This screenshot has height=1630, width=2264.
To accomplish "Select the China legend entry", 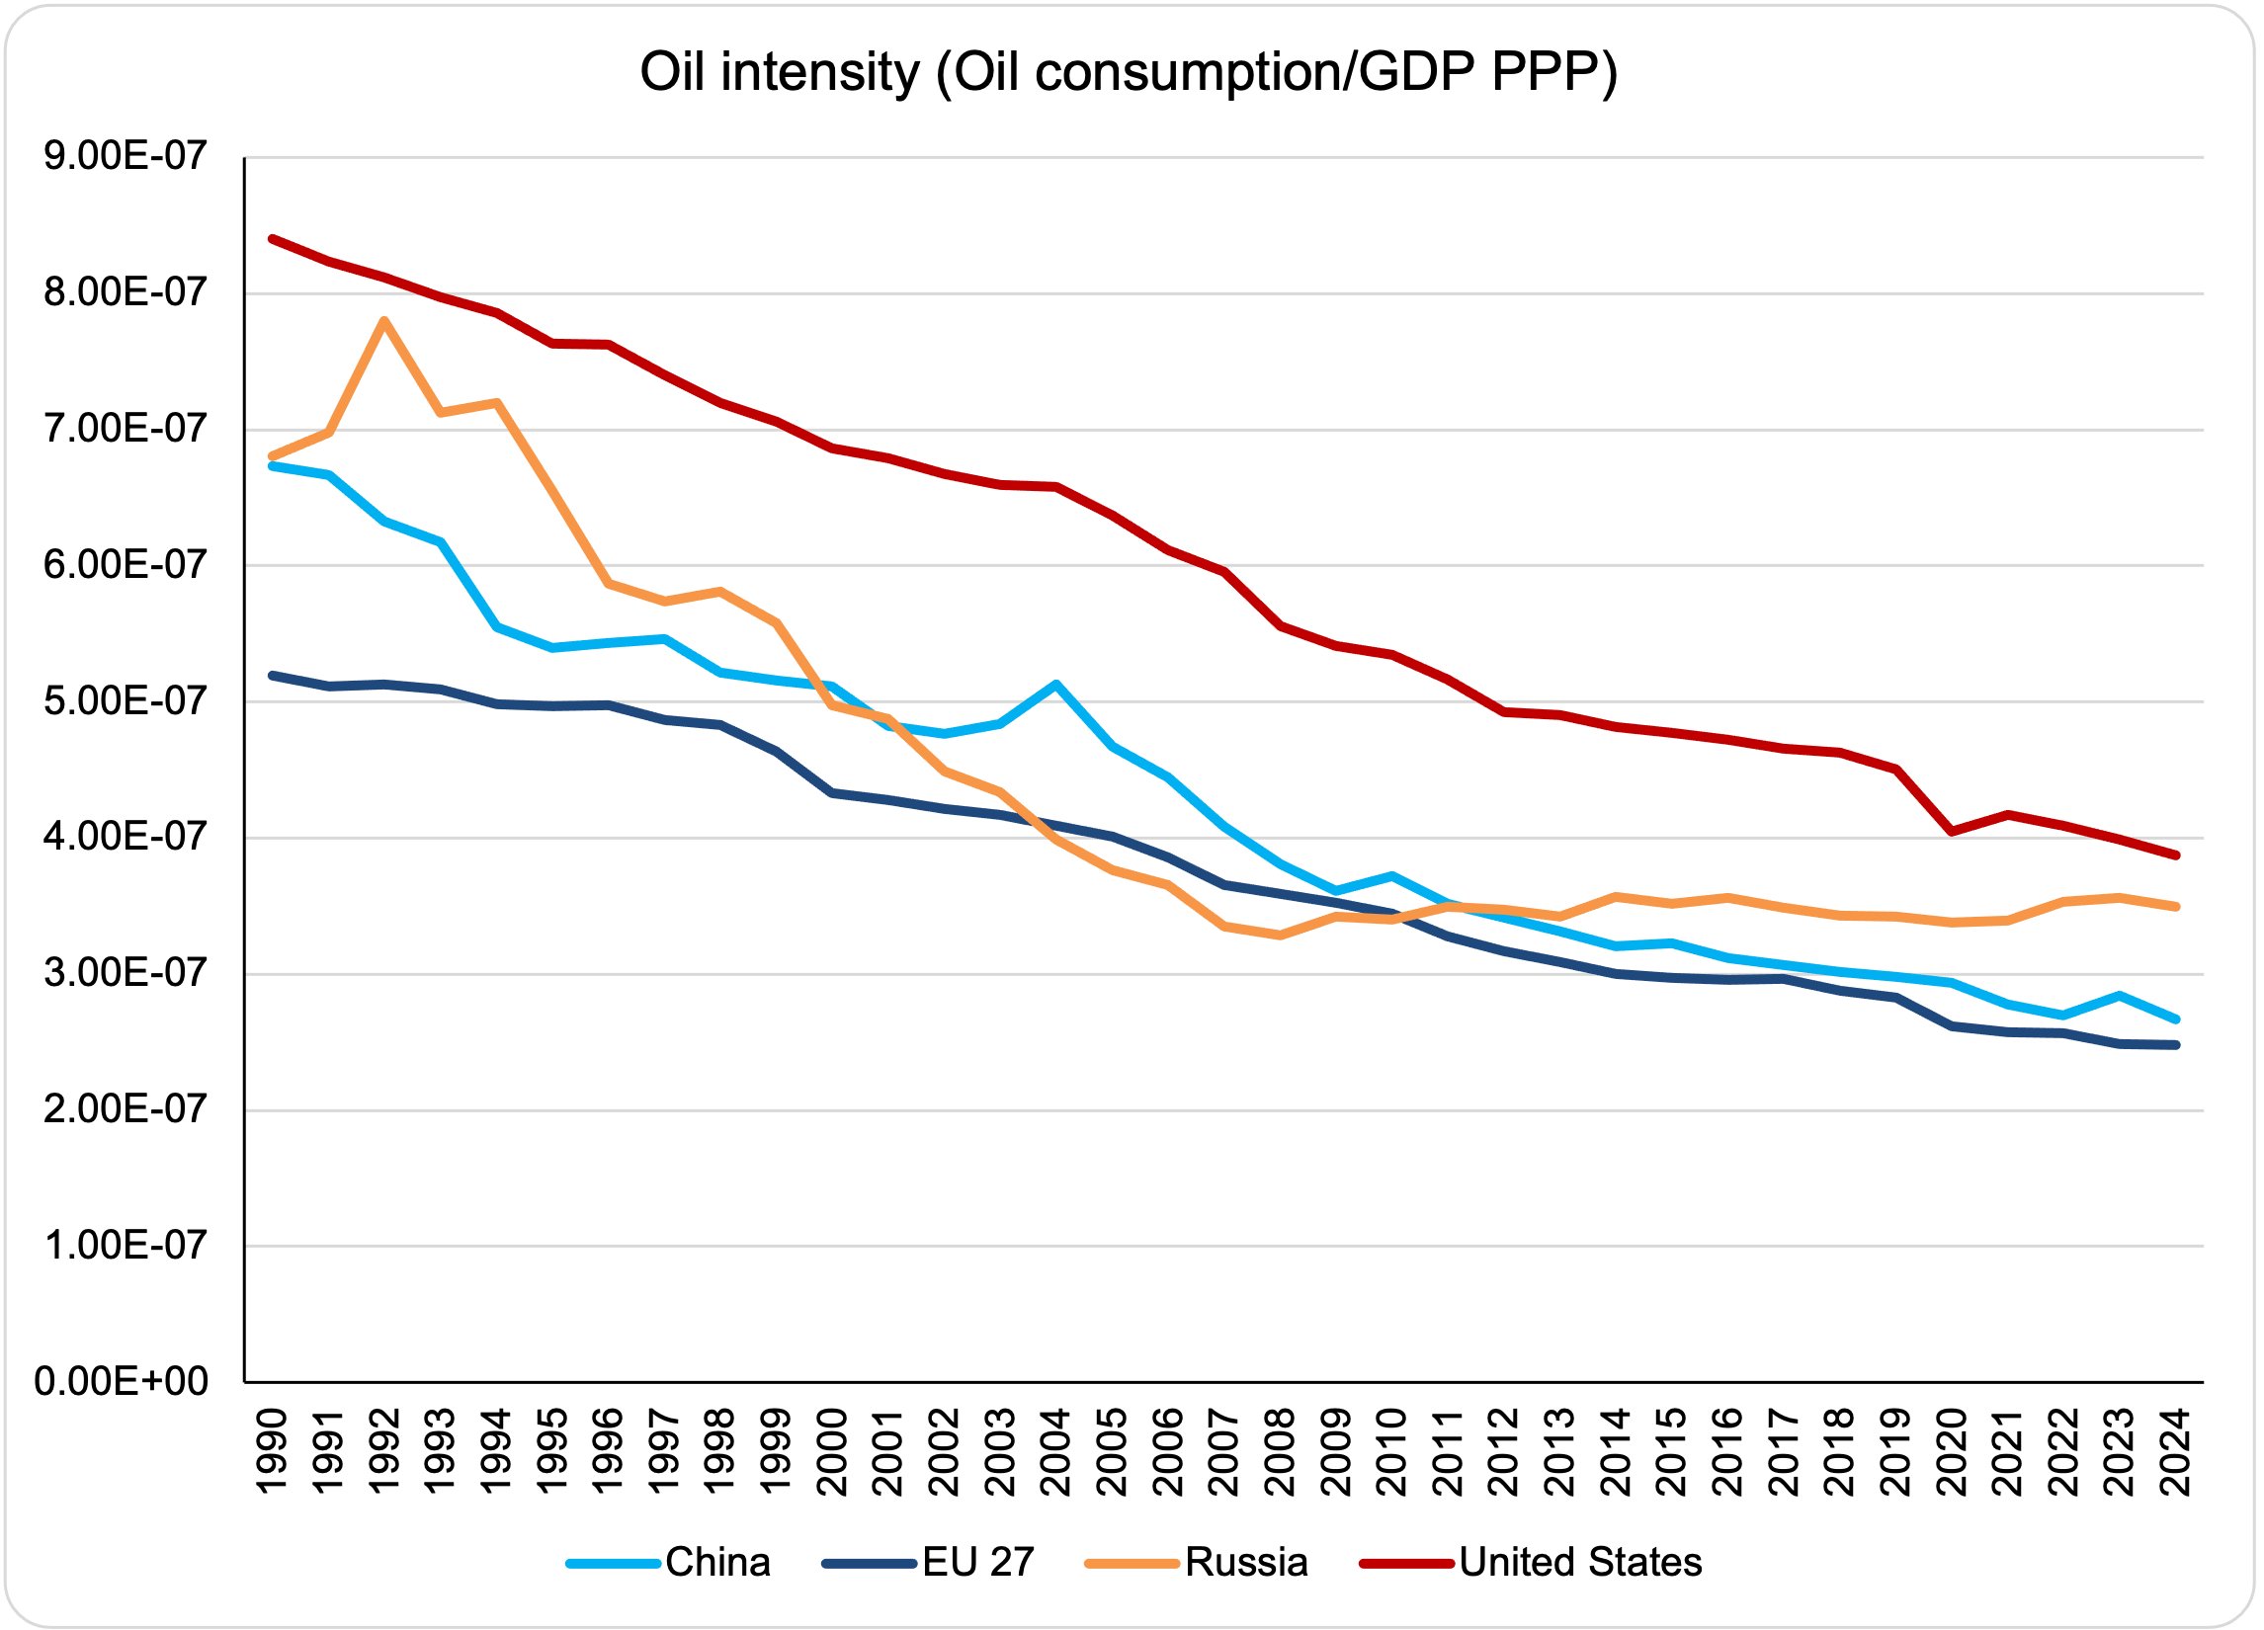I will pos(716,1561).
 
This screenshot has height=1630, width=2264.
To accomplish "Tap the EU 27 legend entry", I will pos(977,1561).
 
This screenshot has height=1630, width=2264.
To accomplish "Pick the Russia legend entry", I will pos(1245,1561).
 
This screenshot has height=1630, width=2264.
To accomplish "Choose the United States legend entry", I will pos(1579,1561).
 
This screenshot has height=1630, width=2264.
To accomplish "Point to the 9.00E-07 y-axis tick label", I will pos(125,157).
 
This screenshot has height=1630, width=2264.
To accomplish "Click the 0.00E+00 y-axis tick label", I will pos(121,1381).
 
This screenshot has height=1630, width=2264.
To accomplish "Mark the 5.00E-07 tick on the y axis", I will pos(125,700).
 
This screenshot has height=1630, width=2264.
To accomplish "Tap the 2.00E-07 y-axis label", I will pos(125,1109).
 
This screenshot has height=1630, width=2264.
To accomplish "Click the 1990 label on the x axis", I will pos(273,1451).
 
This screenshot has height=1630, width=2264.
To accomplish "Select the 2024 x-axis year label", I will pos(2176,1451).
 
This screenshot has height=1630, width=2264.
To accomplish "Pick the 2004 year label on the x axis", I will pos(1056,1451).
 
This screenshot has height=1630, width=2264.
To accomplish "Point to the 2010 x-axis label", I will pos(1391,1451).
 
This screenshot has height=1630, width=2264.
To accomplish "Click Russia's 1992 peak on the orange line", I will pos(384,320).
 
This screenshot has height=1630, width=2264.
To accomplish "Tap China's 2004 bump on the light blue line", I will pos(1056,685).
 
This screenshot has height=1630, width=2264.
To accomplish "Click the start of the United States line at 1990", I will pos(273,238).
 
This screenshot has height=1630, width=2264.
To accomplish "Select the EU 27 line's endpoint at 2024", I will pos(2176,1045).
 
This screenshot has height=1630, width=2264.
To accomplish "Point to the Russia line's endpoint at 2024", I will pos(2176,906).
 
